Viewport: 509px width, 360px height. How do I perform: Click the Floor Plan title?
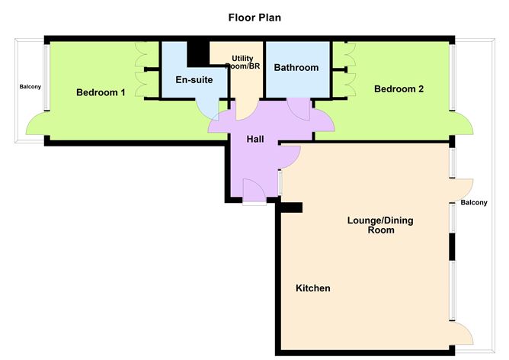coord(254,16)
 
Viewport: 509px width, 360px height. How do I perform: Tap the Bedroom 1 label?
coord(101,93)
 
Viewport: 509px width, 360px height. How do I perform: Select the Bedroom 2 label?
coord(399,88)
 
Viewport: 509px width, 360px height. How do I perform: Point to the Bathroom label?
coord(296,68)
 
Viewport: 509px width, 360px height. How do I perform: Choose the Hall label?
coord(255,140)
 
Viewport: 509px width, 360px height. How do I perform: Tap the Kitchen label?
coord(312,288)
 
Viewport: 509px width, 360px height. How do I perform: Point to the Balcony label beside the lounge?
coord(473,202)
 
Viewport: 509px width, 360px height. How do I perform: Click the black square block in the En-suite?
coord(198,54)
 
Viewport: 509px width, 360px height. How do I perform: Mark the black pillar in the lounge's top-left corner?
coord(290,207)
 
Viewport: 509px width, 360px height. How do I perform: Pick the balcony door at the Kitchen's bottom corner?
coord(463,333)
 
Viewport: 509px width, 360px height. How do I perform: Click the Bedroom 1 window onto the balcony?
coord(46,77)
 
